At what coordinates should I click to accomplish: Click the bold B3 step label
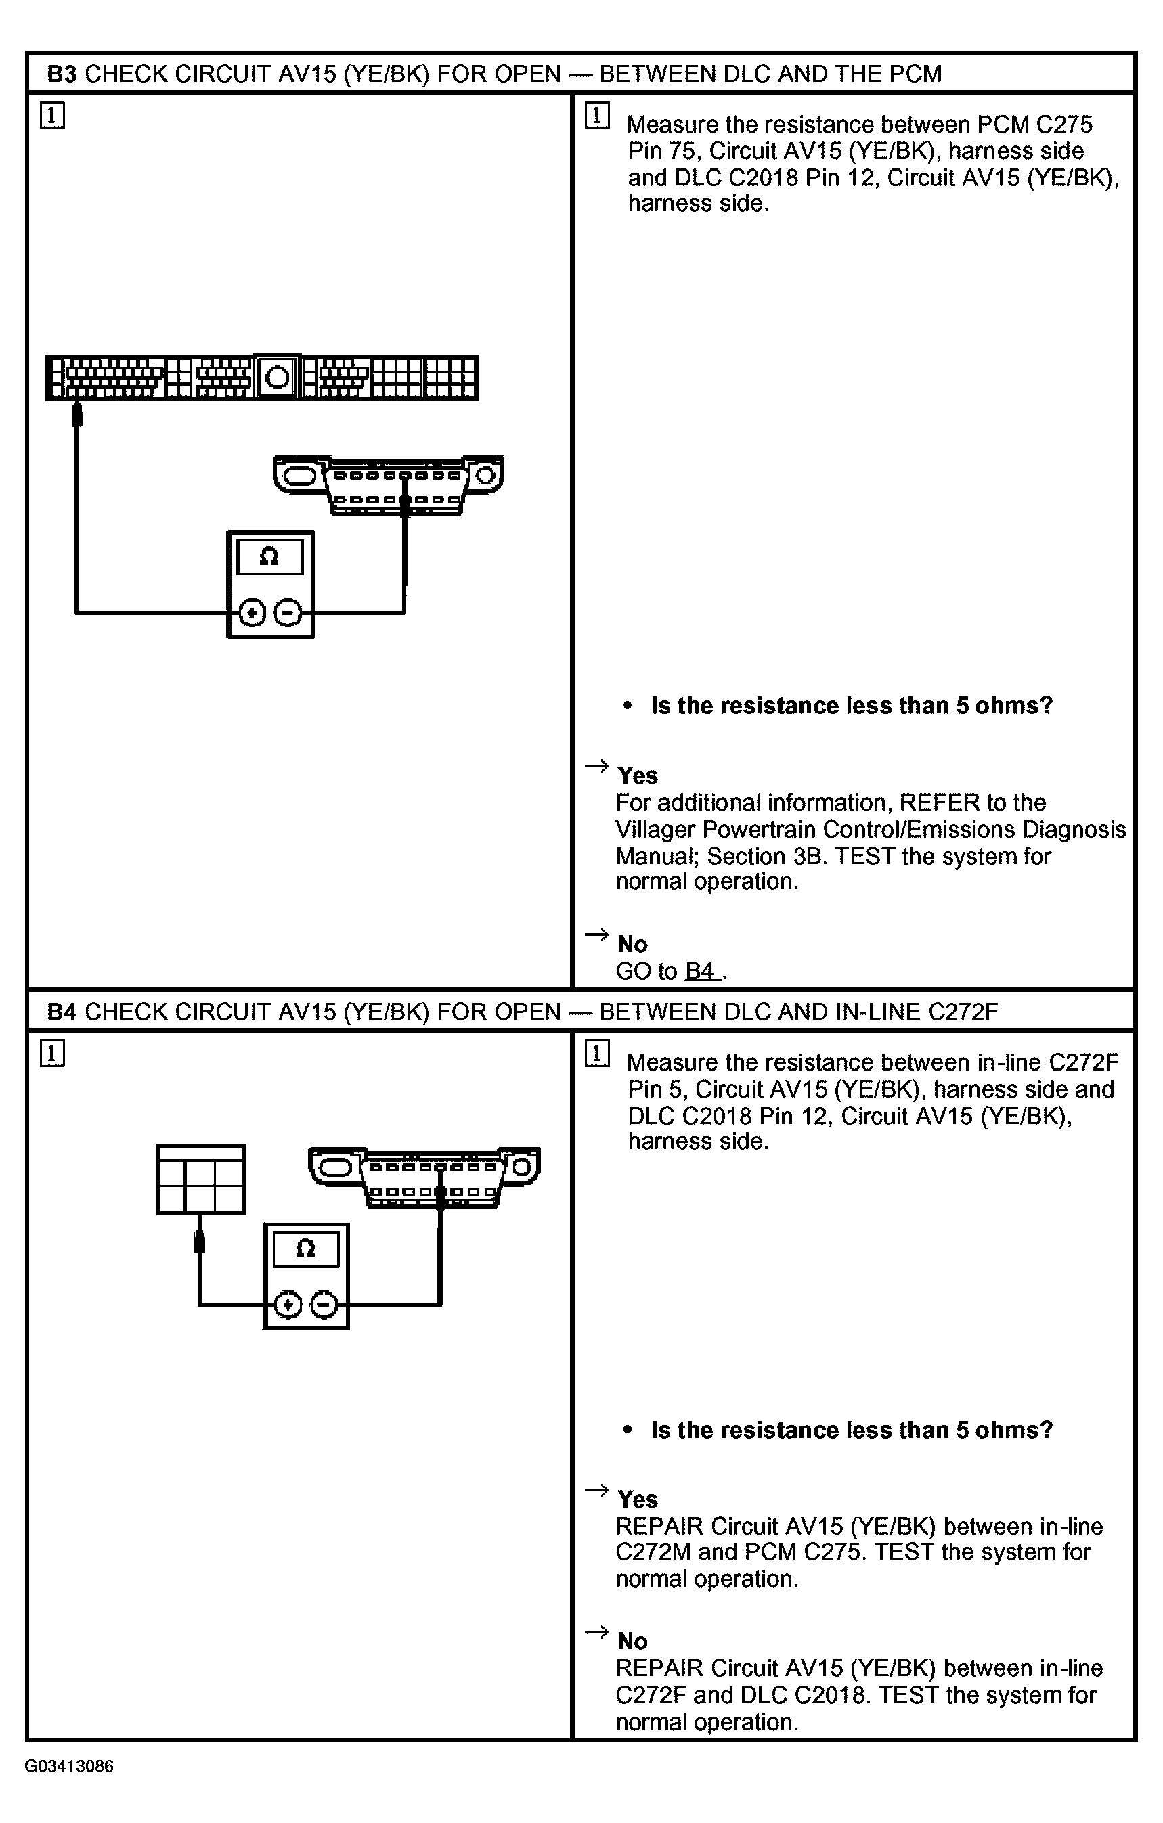[x=62, y=74]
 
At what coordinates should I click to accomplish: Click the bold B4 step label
[x=62, y=1012]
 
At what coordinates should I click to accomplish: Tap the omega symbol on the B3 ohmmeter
[x=269, y=557]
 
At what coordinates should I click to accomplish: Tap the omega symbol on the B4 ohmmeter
[x=305, y=1248]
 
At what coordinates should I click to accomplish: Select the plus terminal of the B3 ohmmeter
[x=252, y=612]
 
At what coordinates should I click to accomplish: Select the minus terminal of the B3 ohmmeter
[x=288, y=612]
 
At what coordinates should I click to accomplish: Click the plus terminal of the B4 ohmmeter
[x=288, y=1305]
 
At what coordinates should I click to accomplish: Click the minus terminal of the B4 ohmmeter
[x=324, y=1305]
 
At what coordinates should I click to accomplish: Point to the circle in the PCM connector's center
[x=278, y=376]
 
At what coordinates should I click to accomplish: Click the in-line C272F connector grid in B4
[x=200, y=1179]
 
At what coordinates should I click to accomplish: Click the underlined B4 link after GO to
[x=701, y=971]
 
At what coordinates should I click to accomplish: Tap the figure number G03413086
[x=69, y=1766]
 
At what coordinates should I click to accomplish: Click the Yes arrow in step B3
[x=596, y=766]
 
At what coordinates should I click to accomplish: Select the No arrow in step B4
[x=596, y=1631]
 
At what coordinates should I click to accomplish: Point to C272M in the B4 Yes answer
[x=653, y=1552]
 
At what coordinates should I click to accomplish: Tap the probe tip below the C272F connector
[x=200, y=1242]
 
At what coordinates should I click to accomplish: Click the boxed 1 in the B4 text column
[x=596, y=1053]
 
